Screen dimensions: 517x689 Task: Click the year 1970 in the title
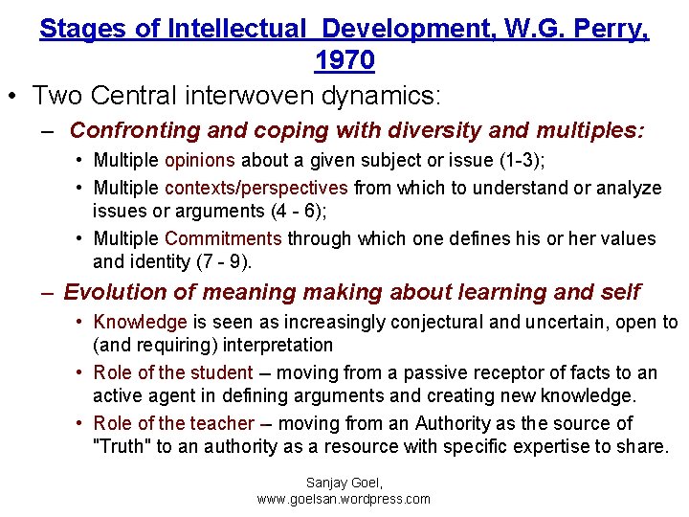[344, 60]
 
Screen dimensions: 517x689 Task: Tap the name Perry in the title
[610, 29]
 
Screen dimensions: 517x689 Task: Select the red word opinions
[200, 161]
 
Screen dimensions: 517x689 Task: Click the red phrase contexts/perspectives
[256, 188]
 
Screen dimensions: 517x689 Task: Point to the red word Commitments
[223, 238]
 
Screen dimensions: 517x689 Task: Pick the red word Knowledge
[140, 323]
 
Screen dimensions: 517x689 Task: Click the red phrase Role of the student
[173, 373]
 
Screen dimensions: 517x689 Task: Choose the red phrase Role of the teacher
[174, 423]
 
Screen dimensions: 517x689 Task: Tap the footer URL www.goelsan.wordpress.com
[344, 499]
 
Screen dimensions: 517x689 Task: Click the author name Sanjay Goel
[344, 483]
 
